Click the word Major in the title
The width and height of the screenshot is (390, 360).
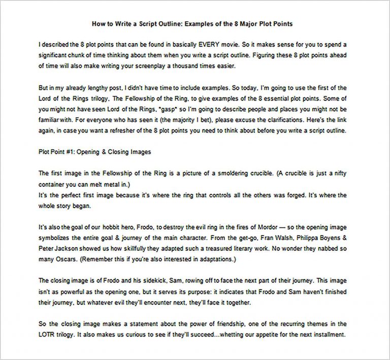tap(242, 23)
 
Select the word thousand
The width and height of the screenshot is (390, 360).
tap(191, 66)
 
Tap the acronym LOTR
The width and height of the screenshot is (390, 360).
tap(47, 334)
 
